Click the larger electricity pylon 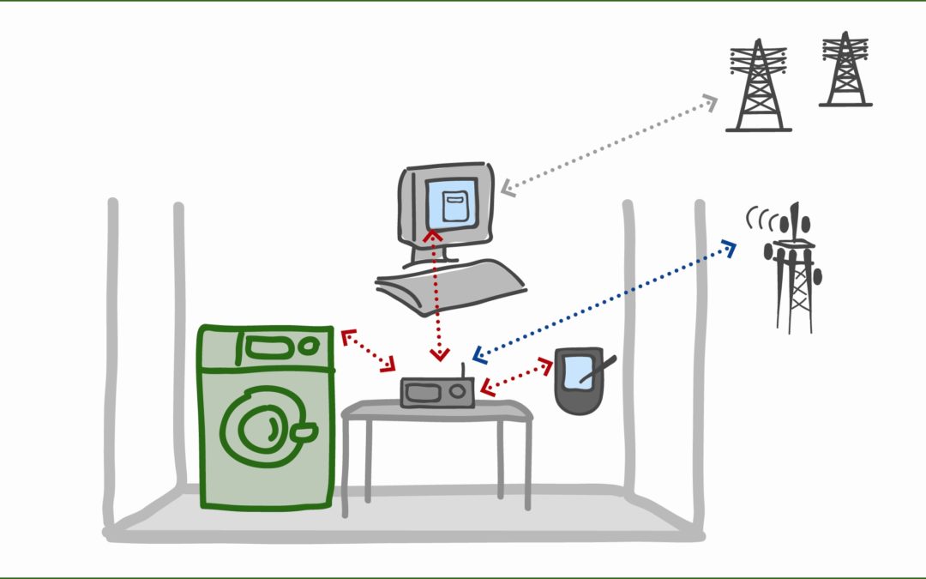758,86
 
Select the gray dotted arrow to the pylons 609,144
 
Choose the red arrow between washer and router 369,351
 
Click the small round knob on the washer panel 306,347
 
